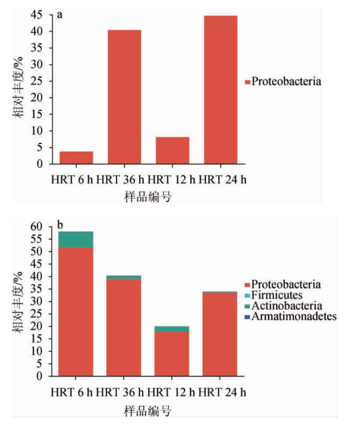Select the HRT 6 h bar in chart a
(76, 157)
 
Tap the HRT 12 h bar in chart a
(172, 150)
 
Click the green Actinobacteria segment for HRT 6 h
(76, 239)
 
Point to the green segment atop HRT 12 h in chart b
(172, 329)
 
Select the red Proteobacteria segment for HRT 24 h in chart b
(220, 334)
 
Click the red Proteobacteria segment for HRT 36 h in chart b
(124, 327)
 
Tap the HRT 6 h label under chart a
(72, 179)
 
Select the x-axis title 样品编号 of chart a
(148, 197)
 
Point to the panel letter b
(61, 226)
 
